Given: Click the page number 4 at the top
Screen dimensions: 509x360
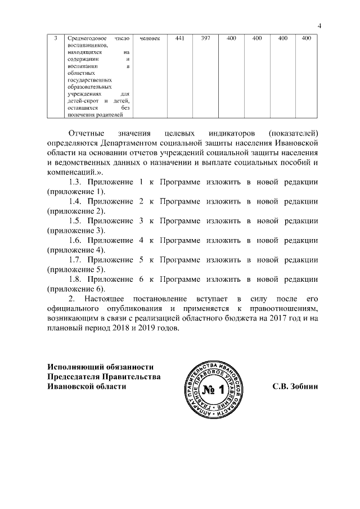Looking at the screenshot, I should tap(319, 24).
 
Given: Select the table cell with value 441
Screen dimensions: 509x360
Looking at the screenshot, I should tap(180, 38).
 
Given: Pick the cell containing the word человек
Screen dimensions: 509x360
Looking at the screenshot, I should tap(149, 38).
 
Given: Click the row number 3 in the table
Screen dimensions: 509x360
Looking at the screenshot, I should tap(55, 38).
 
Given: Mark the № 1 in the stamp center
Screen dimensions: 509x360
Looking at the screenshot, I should tap(213, 390).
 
